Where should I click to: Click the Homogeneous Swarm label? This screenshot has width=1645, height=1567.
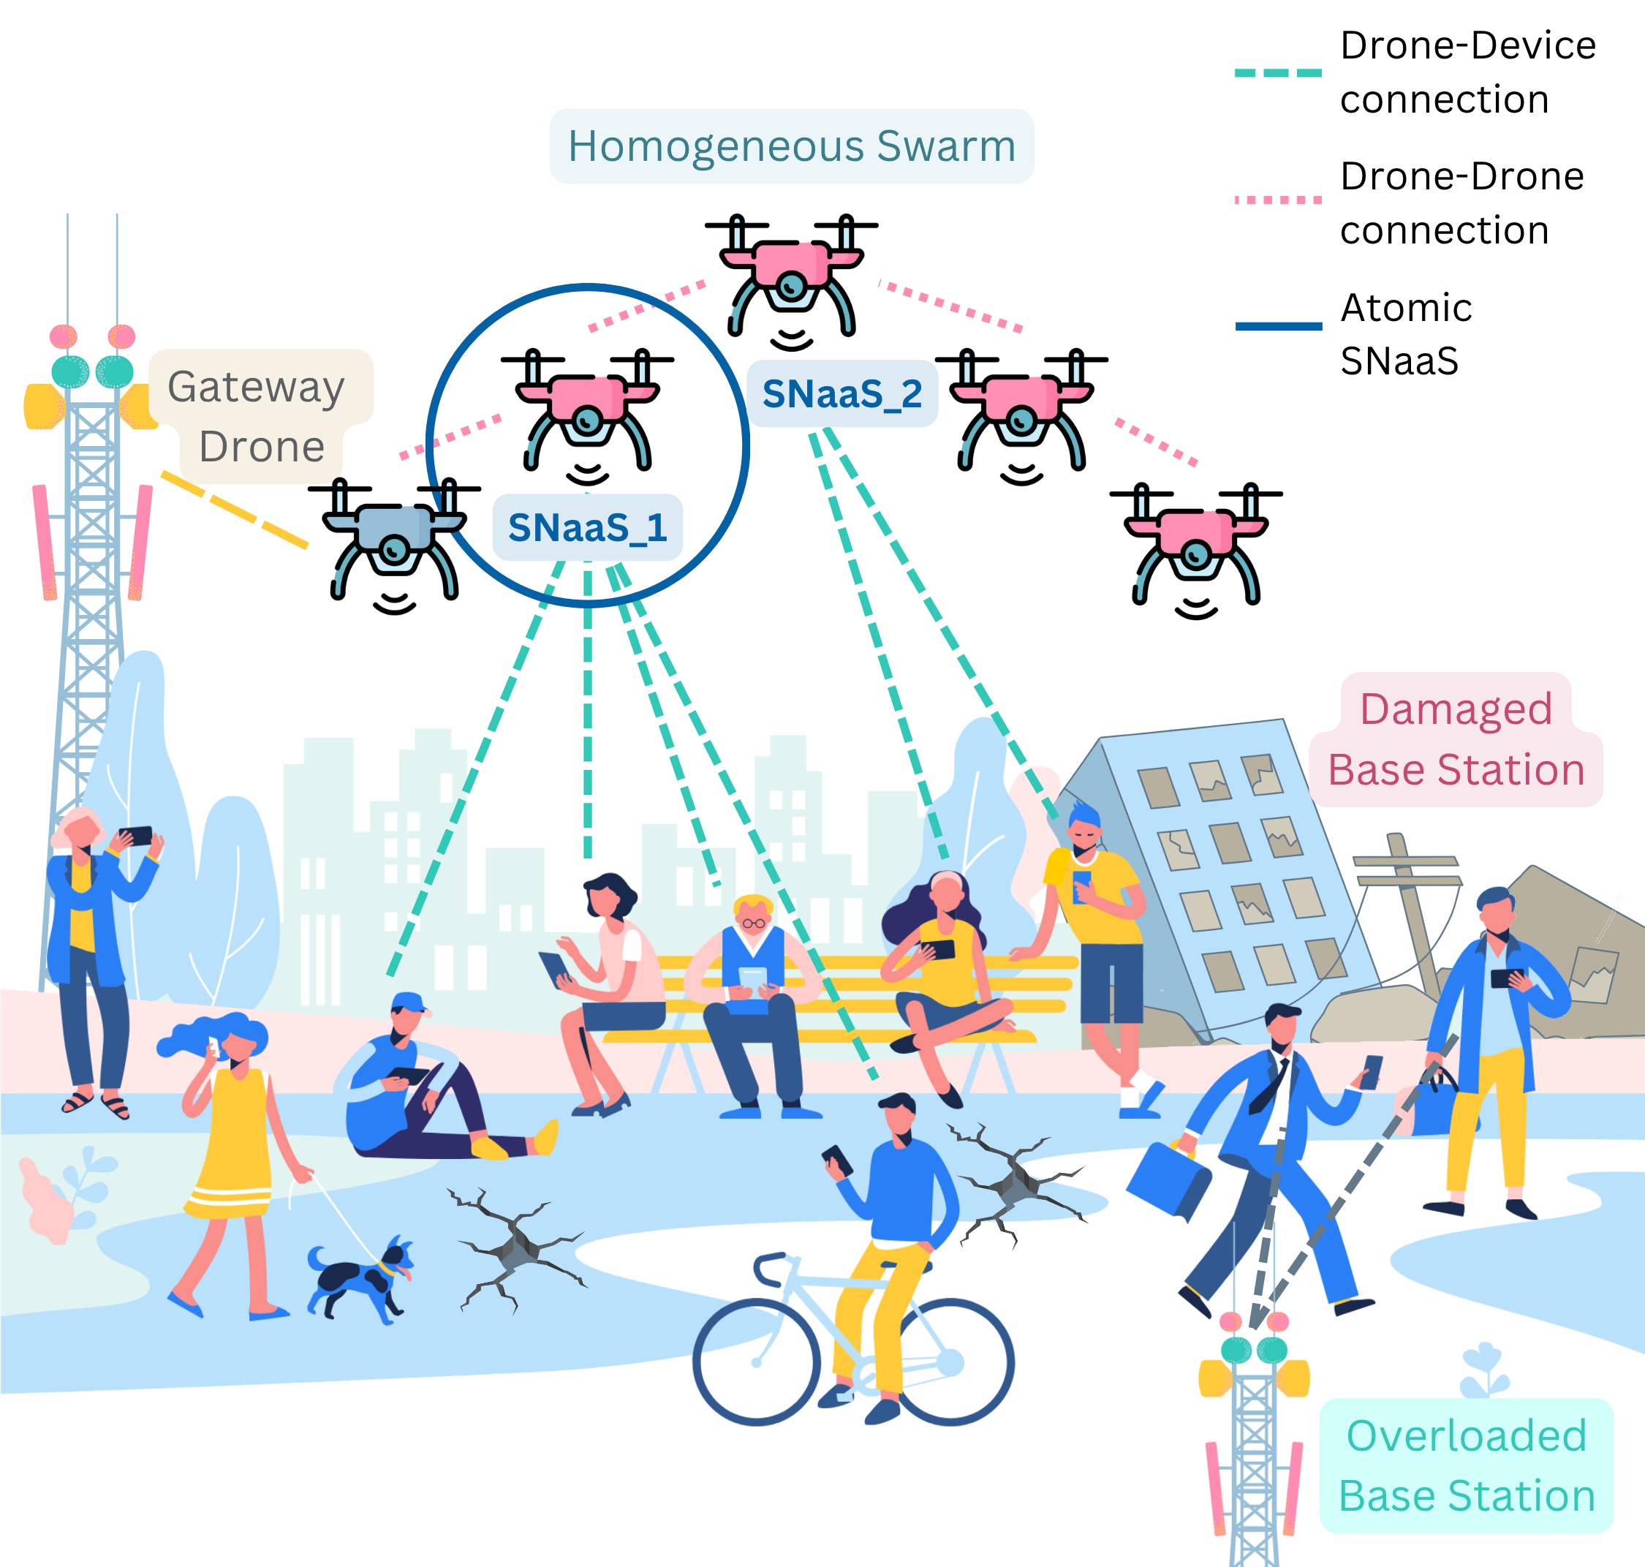792,146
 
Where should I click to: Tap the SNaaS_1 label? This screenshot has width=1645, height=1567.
588,528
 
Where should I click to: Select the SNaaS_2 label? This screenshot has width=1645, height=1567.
842,393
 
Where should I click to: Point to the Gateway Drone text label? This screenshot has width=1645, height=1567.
257,416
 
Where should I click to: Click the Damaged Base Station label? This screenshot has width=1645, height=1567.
1456,739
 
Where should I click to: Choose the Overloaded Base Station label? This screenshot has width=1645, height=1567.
1467,1466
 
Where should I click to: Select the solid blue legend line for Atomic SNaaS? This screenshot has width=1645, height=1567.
1279,327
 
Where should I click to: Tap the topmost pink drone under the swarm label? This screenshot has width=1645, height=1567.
792,282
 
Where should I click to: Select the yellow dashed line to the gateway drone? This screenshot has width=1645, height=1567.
235,510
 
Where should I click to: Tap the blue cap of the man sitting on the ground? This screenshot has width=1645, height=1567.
409,1002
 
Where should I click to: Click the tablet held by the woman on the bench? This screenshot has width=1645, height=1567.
554,969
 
